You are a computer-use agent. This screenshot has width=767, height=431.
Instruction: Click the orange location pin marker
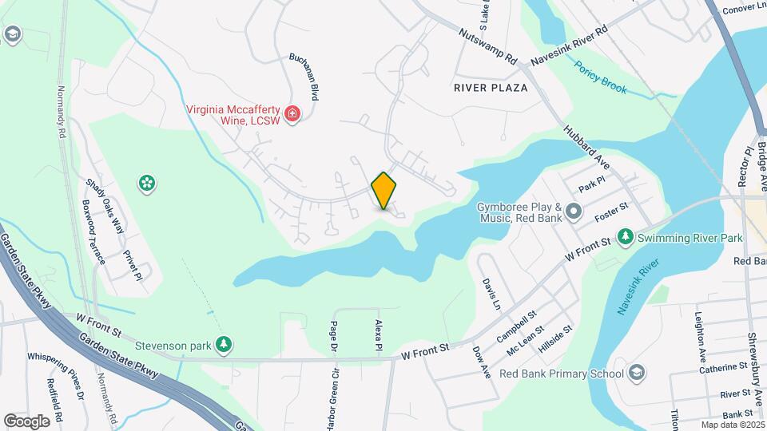383,191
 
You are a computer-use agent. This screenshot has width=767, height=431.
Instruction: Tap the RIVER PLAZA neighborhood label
491,87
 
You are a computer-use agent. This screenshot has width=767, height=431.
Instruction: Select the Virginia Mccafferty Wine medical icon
292,114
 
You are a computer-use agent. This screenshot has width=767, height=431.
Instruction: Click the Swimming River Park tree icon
626,236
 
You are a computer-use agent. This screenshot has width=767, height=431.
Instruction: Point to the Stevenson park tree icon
227,344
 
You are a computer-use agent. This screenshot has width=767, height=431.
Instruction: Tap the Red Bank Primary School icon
637,373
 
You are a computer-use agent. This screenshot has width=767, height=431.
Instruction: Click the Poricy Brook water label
601,77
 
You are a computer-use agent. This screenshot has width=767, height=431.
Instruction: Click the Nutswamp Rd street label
489,47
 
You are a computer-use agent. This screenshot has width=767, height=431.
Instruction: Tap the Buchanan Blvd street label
304,77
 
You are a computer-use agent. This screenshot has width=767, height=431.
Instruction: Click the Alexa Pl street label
380,335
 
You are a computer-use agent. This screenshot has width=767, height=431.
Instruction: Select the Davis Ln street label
491,295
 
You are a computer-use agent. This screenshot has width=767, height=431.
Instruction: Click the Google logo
26,421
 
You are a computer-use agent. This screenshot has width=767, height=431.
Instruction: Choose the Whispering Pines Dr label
54,375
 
